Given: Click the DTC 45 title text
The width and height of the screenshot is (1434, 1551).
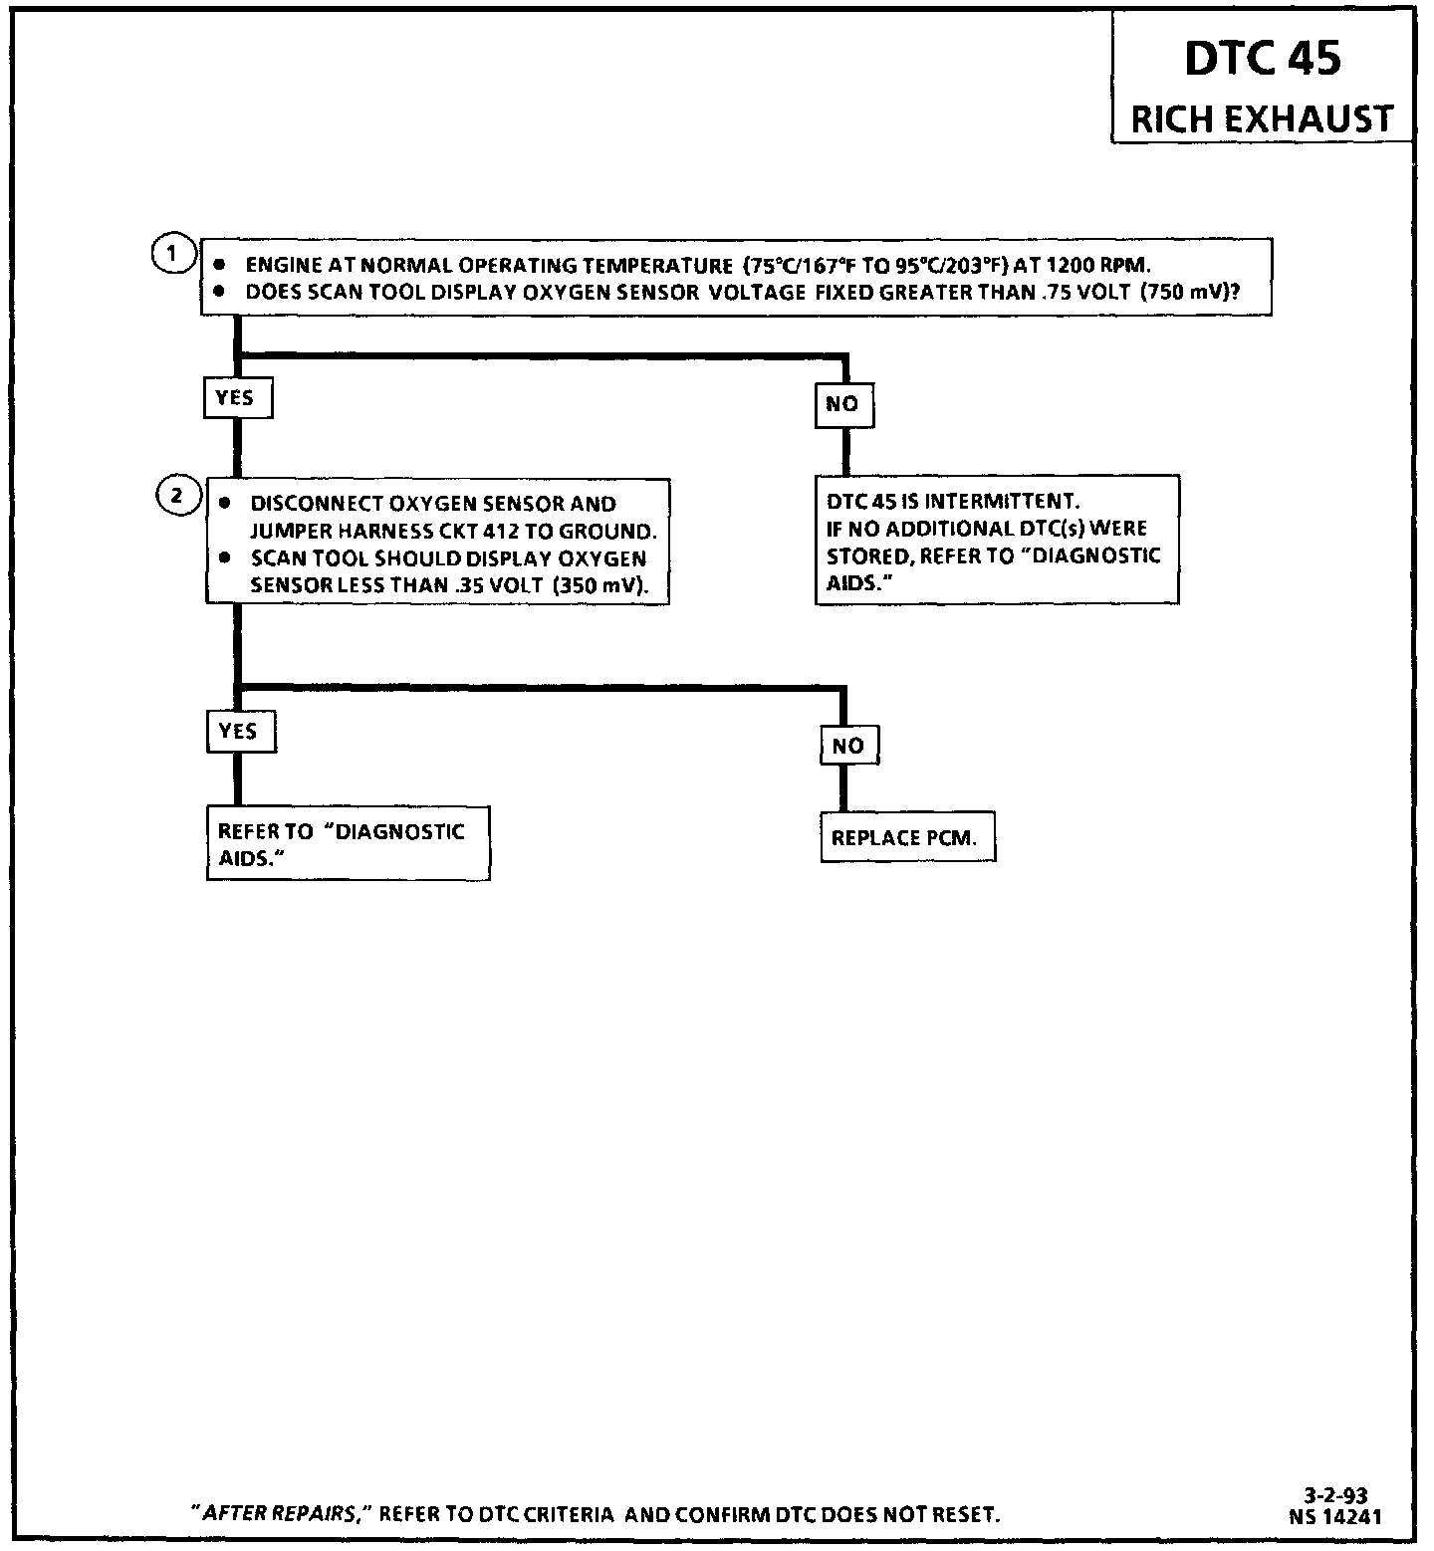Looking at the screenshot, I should pos(1262,60).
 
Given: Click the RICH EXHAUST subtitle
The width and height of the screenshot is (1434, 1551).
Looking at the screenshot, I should pos(1262,119).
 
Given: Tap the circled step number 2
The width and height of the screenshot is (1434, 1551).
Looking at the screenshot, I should pos(176,495).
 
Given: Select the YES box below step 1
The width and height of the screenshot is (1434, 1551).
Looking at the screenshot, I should pos(236,398).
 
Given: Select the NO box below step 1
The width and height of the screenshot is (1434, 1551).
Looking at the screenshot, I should pos(842,404).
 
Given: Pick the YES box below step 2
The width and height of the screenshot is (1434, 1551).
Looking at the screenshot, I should pos(239,732).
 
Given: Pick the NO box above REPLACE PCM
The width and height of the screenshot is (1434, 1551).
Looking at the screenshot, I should pos(848,746).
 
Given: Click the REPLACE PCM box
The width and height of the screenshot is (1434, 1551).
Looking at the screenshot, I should pos(906,838).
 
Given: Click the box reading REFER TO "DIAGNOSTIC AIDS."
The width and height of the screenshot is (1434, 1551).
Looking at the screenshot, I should pos(347,844).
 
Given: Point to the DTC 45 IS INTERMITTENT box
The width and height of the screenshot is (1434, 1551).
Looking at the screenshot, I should pos(996,541).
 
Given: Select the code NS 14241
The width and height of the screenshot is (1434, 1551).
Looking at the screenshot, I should pos(1334,1517).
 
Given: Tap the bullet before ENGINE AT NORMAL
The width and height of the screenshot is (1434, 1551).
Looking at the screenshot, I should pos(220,266).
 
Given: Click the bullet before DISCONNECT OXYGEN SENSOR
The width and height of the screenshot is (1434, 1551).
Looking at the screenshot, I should pos(225,504).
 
